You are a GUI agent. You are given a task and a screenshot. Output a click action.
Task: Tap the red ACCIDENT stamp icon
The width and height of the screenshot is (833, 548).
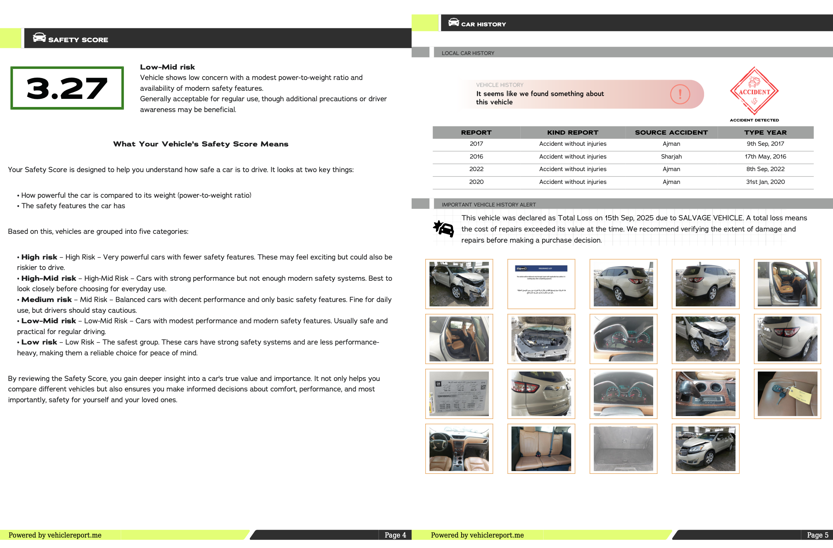coord(754,91)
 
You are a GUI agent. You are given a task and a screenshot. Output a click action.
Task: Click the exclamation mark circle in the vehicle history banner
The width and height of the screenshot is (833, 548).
coord(680,94)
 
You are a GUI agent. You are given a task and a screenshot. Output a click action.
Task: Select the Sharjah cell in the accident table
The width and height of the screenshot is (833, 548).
coord(671,157)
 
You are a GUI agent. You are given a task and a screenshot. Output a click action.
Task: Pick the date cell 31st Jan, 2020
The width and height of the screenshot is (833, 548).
coord(765,182)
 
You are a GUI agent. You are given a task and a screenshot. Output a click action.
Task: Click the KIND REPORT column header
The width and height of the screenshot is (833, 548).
coord(573,132)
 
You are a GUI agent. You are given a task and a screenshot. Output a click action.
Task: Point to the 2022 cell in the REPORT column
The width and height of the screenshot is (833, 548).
coord(476,169)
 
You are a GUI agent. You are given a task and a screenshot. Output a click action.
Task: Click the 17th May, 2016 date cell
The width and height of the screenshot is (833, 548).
coord(765,157)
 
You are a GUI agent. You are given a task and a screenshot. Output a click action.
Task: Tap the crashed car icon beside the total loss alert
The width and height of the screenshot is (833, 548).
coord(443,229)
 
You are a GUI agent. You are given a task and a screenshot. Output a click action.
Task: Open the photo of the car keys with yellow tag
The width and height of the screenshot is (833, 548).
coord(787,393)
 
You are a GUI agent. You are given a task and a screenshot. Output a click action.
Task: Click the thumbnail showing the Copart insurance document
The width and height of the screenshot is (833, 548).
coord(541,284)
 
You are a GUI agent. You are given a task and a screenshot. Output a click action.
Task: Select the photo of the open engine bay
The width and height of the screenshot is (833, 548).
coord(541,338)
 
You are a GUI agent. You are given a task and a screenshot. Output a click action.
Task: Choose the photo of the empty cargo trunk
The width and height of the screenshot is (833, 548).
coord(623,448)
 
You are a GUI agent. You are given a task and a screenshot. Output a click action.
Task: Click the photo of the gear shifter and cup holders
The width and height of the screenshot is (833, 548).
coord(705,393)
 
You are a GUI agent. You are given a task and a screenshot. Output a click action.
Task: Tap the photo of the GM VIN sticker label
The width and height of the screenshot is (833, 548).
coord(459,393)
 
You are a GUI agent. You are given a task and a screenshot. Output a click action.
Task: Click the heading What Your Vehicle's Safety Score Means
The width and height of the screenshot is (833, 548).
coord(200,144)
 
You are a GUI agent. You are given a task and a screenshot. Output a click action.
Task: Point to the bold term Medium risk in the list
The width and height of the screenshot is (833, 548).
coord(46,299)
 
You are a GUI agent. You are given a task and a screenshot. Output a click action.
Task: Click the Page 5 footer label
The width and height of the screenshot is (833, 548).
coord(817,535)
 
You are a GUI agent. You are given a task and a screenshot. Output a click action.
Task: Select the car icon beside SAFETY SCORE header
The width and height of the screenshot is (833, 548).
coord(39,37)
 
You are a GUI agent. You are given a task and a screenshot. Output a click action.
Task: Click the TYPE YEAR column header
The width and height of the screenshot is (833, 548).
coord(765,132)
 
